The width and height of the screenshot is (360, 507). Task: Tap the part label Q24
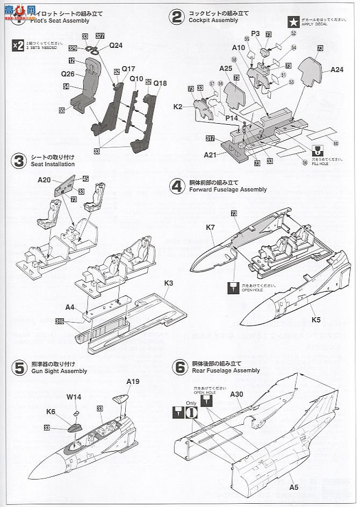(116, 45)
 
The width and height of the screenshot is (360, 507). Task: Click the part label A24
(337, 69)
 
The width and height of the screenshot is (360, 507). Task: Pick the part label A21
(210, 154)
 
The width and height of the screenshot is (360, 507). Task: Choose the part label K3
(169, 282)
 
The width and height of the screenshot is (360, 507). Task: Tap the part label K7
(210, 227)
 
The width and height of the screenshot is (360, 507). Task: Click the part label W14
(74, 398)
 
